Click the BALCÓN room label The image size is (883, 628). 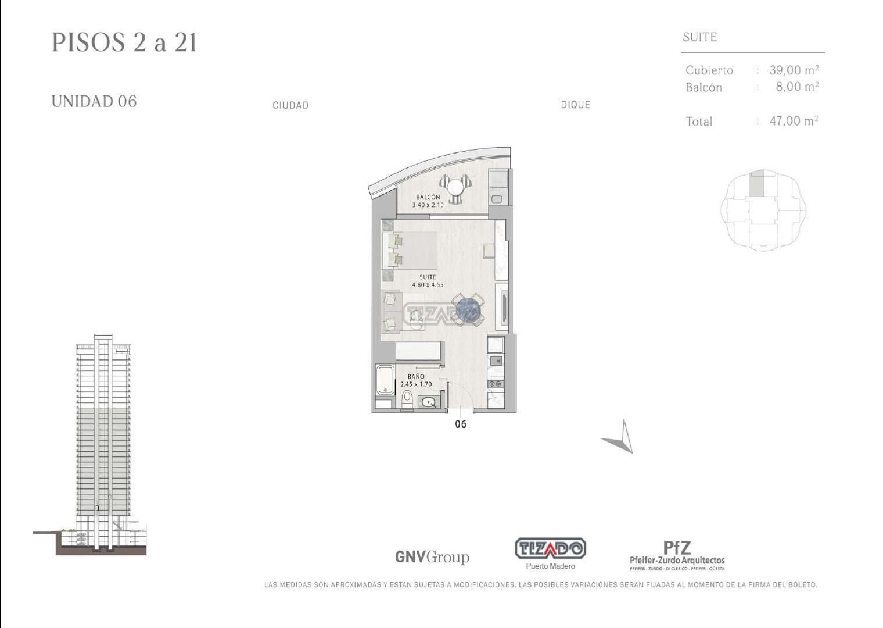(x=428, y=197)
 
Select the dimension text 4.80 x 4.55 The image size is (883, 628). (x=428, y=284)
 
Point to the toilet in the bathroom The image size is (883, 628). (x=407, y=399)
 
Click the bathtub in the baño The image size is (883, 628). (x=385, y=380)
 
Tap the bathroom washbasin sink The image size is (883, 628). (x=428, y=402)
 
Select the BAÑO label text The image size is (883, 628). (x=416, y=377)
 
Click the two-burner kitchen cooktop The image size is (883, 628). (x=495, y=383)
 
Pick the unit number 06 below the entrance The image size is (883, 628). (x=461, y=424)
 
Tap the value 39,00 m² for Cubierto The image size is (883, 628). (x=794, y=70)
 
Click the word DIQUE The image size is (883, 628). (x=576, y=105)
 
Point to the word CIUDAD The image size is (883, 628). (x=290, y=105)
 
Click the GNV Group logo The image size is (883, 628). (x=432, y=558)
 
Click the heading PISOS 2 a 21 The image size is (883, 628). (x=124, y=42)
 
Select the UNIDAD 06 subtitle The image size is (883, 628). (x=94, y=101)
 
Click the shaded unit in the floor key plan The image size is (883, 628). (x=756, y=184)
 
